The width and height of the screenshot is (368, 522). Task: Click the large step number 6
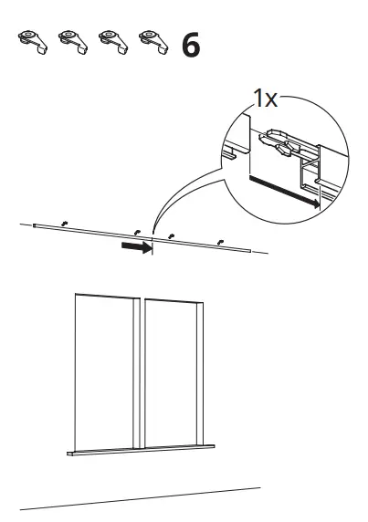pyautogui.click(x=191, y=45)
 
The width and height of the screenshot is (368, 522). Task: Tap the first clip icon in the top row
pyautogui.click(x=33, y=42)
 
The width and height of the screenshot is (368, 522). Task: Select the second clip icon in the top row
pyautogui.click(x=73, y=42)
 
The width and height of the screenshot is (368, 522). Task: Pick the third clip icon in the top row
pyautogui.click(x=113, y=42)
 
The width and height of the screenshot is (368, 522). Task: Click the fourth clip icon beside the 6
pyautogui.click(x=153, y=42)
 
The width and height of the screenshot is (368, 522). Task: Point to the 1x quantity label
pyautogui.click(x=265, y=99)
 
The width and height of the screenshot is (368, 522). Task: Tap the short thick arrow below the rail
pyautogui.click(x=137, y=247)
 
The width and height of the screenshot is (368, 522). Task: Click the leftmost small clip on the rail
pyautogui.click(x=65, y=223)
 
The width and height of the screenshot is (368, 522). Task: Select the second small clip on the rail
pyautogui.click(x=137, y=233)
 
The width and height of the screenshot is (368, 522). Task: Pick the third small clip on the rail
pyautogui.click(x=171, y=236)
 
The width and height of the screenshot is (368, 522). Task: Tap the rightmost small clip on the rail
pyautogui.click(x=219, y=243)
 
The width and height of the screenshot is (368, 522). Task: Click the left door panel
pyautogui.click(x=107, y=371)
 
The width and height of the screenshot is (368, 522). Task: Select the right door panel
pyautogui.click(x=173, y=373)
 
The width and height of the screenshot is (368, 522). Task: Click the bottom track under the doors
pyautogui.click(x=141, y=450)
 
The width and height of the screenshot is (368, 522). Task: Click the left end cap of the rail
pyautogui.click(x=34, y=225)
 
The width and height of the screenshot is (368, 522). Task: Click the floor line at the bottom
pyautogui.click(x=141, y=498)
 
